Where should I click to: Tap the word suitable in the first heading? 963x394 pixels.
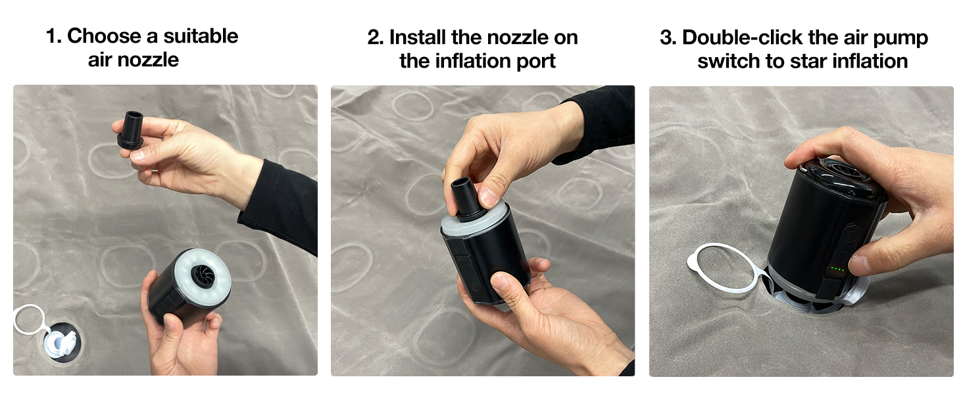pos(201,36)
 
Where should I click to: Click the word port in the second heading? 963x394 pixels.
pos(536,62)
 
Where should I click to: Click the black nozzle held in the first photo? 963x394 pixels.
pos(131,129)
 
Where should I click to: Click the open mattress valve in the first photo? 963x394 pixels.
pos(61,343)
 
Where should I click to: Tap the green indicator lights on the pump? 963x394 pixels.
pos(837,269)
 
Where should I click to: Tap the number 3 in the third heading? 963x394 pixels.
pos(668,38)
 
